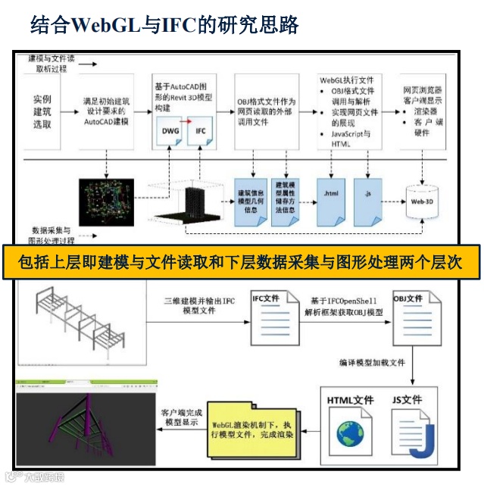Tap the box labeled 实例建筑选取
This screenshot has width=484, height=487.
coord(42,111)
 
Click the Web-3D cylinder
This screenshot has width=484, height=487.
coord(423,201)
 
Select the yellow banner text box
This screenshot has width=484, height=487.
coord(242,262)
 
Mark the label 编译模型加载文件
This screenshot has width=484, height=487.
coord(369,363)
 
